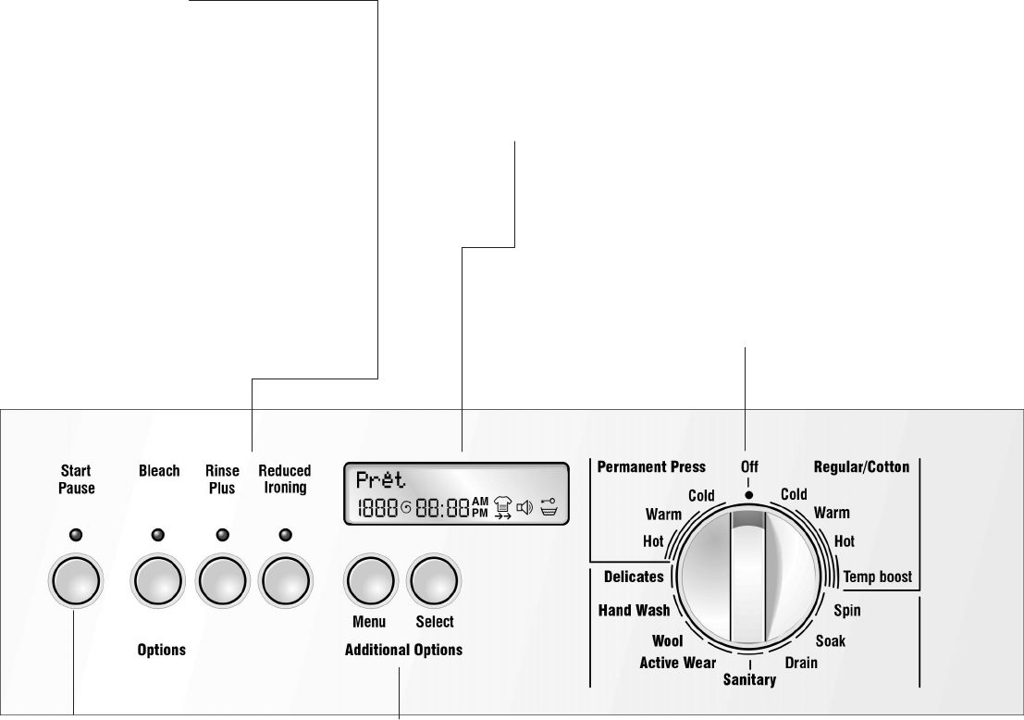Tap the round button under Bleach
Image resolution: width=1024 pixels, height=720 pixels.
pos(159,583)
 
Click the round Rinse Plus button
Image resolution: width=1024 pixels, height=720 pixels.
pos(222,583)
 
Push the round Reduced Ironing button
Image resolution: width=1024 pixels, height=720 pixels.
pos(285,583)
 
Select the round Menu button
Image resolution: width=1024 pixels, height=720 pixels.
pos(370,583)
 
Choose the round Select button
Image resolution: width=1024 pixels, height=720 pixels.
pos(435,583)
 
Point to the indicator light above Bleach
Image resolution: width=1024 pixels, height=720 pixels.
pos(159,534)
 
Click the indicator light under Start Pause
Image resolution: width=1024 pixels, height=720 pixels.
pos(76,534)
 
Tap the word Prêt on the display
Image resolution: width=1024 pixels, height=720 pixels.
pos(380,480)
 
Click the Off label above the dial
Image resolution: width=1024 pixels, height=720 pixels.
pos(748,468)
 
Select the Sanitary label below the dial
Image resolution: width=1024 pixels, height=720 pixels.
pos(749,680)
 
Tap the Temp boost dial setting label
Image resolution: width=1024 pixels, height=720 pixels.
pos(877,577)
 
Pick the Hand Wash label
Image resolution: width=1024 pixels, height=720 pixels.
pos(634,610)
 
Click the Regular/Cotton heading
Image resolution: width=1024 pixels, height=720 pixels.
pos(861,467)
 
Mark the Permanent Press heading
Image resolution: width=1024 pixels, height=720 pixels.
pos(651,467)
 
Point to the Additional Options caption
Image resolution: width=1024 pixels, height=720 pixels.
pos(403,650)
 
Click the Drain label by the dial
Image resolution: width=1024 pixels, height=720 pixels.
pos(801,663)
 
